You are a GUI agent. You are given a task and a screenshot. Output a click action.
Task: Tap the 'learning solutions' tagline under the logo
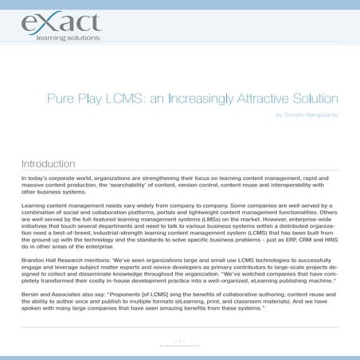pos(68,38)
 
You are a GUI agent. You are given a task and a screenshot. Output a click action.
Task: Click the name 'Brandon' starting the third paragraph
pos(33,257)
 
